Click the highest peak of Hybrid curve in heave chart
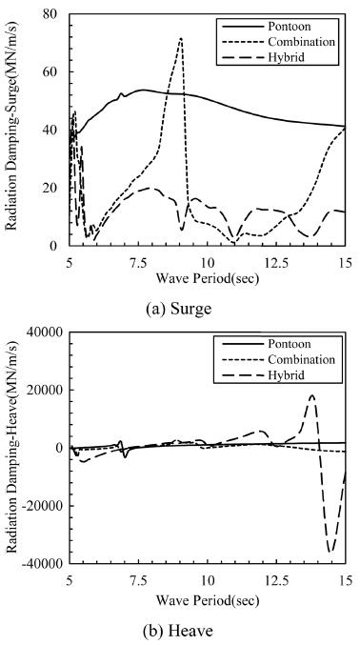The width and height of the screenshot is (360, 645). coord(312,395)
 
